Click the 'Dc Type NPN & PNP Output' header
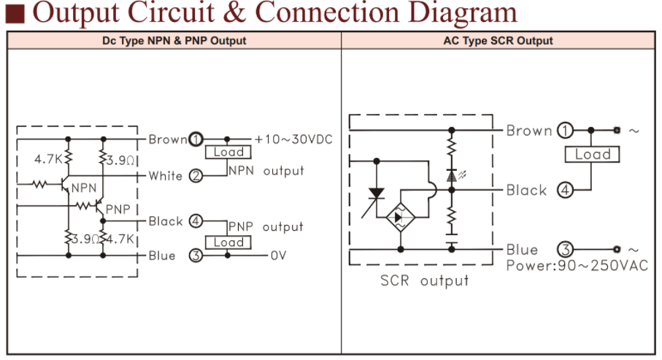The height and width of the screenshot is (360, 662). point(174,41)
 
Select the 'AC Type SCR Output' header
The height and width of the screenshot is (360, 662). point(499,41)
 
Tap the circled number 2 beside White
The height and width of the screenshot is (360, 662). point(195,175)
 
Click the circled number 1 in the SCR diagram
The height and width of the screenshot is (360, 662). point(564,131)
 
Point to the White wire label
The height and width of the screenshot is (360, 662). point(166,175)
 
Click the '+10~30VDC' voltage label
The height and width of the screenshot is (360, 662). point(293,139)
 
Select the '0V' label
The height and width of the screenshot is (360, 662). point(279,256)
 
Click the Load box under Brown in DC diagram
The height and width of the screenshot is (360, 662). point(228,152)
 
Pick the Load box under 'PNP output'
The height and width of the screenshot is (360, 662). point(228,242)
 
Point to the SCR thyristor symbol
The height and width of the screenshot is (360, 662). point(377,194)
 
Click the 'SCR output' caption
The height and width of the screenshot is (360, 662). point(425,280)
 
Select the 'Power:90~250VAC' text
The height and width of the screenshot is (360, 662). point(577,265)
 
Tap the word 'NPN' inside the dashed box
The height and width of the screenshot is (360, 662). point(84,188)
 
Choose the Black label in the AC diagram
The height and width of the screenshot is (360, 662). point(526,191)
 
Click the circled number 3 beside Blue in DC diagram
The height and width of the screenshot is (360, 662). point(195,256)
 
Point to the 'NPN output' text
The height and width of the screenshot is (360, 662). point(266,171)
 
